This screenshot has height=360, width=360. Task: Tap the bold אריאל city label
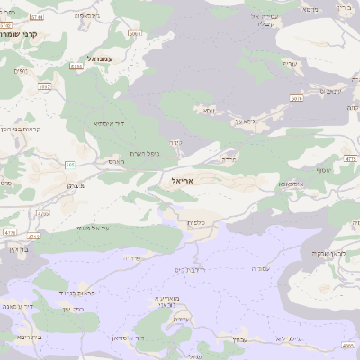pos(181,181)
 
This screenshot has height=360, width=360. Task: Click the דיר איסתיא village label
pos(108,124)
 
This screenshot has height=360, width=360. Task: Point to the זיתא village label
pos(209,111)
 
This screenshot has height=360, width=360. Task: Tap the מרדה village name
pos(228,159)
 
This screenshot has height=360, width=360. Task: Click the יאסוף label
pos(324,169)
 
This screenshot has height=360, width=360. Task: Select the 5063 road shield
pos(44,87)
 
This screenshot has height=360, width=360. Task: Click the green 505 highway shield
pos(69,163)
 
